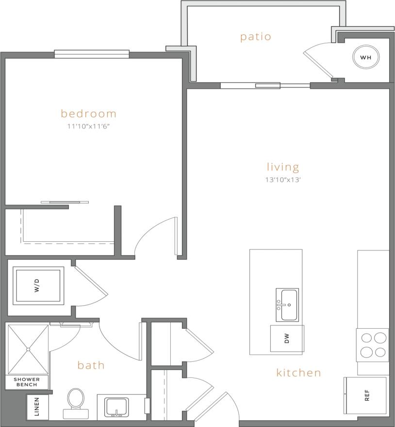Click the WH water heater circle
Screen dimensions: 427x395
coord(365,57)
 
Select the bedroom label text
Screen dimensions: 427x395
coord(89,114)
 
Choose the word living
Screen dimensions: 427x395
coord(283,167)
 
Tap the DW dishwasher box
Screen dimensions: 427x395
coord(287,339)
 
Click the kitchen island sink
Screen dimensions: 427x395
coord(287,305)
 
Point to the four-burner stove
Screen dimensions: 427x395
coord(373,345)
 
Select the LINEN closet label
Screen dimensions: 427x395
coord(37,407)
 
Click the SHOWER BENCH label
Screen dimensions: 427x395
coord(27,382)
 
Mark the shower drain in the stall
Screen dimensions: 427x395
coord(28,349)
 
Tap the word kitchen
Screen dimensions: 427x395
coord(299,373)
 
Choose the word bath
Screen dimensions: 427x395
coord(91,365)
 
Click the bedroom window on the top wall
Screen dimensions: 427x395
coord(92,54)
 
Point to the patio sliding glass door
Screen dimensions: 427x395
coord(265,86)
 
